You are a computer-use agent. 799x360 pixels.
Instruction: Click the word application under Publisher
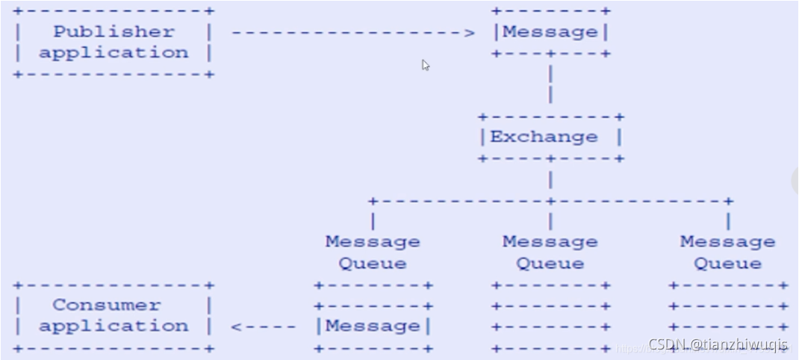coord(114,52)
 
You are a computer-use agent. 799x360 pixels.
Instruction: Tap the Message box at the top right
coord(550,32)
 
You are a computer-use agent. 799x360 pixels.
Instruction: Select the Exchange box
coord(550,137)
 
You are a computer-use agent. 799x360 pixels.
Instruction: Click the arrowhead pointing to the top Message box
coord(469,32)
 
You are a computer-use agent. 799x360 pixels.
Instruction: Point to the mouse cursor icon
coord(425,65)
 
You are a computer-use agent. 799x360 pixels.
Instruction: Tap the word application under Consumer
coord(114,326)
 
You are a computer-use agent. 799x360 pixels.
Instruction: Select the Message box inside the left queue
coord(373,326)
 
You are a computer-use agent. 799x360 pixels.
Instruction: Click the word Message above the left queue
coord(373,241)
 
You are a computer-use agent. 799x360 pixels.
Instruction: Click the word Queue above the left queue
coord(373,263)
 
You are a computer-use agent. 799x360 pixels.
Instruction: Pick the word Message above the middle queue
coord(550,241)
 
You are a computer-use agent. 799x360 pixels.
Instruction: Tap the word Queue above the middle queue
coord(550,263)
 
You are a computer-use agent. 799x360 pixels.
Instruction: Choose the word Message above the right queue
coord(727,241)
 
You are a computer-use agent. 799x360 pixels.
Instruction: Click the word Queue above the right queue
coord(727,263)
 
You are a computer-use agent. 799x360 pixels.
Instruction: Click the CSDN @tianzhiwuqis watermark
coord(718,344)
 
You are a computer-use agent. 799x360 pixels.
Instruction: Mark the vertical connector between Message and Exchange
coord(550,84)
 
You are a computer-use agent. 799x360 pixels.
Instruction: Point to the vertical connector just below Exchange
coord(550,179)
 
